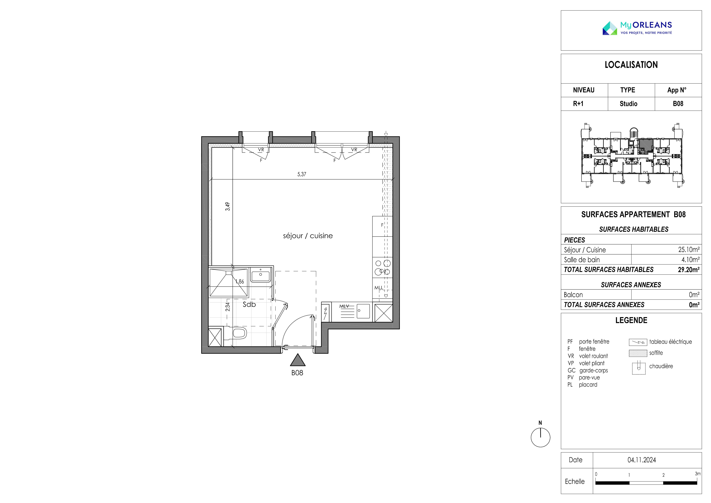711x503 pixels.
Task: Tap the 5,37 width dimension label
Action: point(302,174)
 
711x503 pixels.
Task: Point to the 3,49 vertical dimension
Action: point(228,206)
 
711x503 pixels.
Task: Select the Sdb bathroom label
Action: point(249,304)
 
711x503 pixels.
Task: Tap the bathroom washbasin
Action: point(260,275)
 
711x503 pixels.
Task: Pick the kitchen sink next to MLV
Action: point(363,311)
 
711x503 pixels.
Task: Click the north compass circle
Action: point(540,438)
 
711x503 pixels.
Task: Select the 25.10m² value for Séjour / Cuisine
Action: point(689,249)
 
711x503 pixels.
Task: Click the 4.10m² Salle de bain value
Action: point(690,260)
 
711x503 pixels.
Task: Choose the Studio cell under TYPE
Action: point(628,104)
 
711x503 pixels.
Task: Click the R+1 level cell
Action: point(578,104)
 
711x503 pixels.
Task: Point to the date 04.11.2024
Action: point(642,460)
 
